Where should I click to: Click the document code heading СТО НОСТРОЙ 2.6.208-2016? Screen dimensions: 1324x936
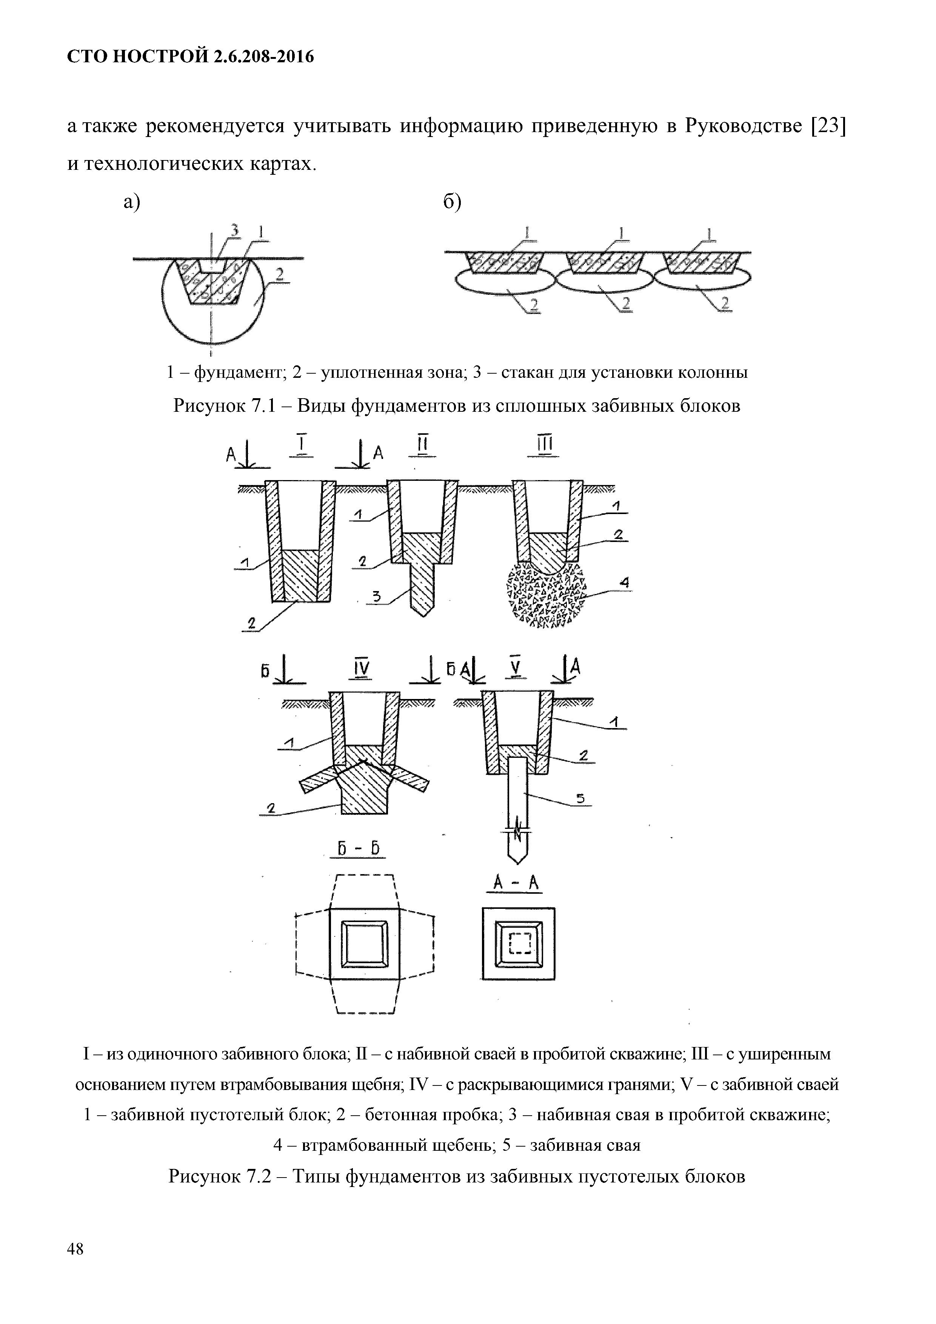[x=190, y=57]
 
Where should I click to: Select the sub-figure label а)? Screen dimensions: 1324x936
[x=132, y=202]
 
